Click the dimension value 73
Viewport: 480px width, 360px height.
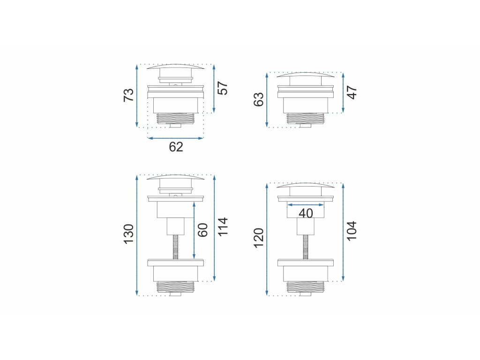tap(128, 95)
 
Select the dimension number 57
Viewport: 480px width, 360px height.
tap(223, 88)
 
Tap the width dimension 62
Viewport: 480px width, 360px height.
tap(176, 147)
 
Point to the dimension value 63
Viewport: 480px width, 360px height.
tap(259, 99)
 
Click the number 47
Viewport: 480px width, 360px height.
tap(352, 92)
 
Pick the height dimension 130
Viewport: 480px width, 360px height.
tap(128, 234)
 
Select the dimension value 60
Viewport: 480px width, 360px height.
tap(202, 230)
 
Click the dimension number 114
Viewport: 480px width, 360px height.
tap(223, 226)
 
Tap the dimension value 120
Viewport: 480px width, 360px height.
tap(259, 238)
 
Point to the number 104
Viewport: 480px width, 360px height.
tap(352, 231)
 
